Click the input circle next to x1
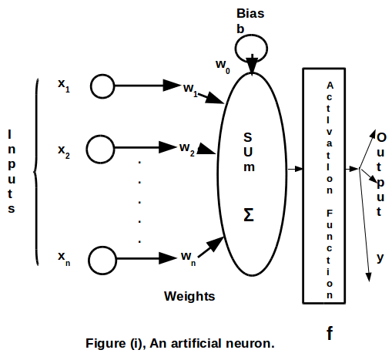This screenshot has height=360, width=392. click(x=103, y=86)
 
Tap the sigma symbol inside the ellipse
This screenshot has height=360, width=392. click(x=249, y=214)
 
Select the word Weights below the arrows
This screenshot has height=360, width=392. click(x=189, y=295)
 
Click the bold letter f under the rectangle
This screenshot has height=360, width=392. click(x=330, y=333)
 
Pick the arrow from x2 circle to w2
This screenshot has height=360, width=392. click(x=146, y=146)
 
